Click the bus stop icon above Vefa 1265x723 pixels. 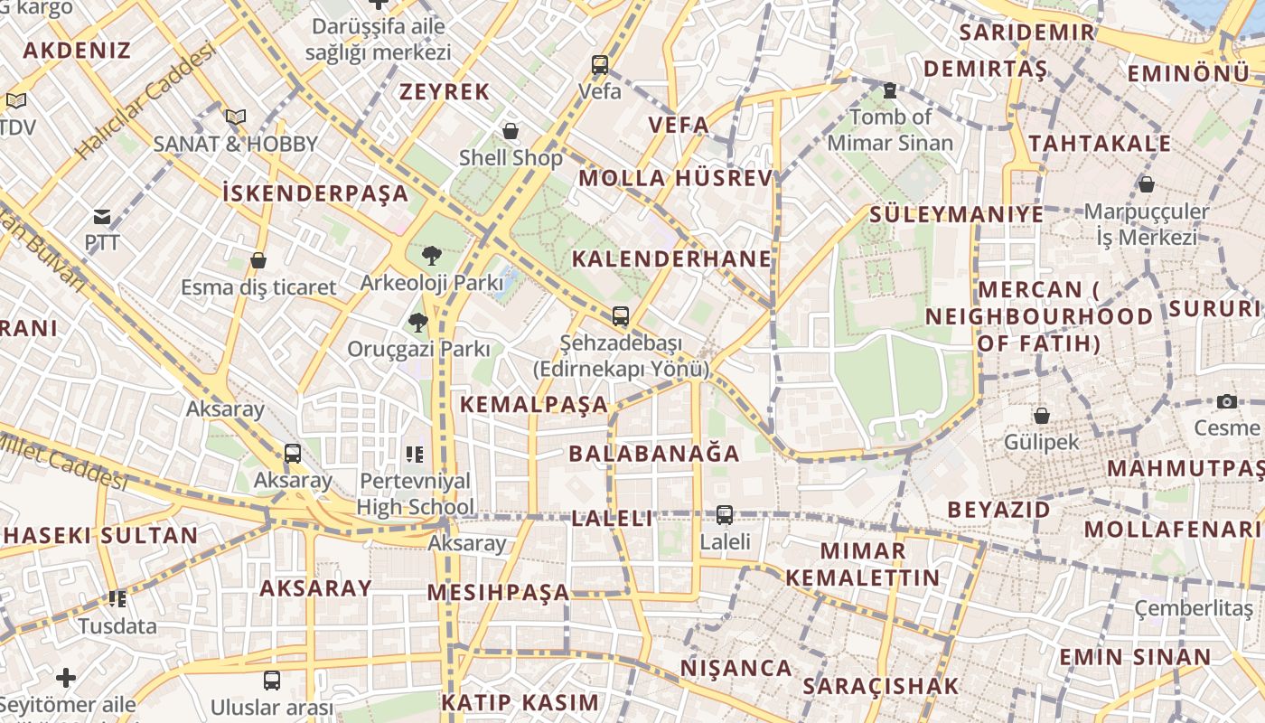[x=600, y=64]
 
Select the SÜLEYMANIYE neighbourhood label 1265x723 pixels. [x=956, y=214]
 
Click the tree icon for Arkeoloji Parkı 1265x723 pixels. [x=432, y=256]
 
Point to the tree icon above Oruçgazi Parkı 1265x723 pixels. [x=417, y=322]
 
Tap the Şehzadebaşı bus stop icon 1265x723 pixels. [x=621, y=316]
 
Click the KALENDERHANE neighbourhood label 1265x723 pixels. [x=672, y=259]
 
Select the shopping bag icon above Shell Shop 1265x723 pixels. [x=511, y=131]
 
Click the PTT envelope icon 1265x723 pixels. [x=101, y=217]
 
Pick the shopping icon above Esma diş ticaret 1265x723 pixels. [x=258, y=260]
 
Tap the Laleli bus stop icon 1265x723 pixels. [x=725, y=515]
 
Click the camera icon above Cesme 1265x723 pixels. [x=1226, y=401]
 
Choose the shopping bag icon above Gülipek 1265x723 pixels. [x=1042, y=416]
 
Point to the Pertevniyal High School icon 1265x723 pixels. [x=415, y=454]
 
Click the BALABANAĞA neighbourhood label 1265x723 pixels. [x=654, y=454]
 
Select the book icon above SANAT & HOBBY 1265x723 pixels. [x=236, y=117]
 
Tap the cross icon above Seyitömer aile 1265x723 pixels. [x=66, y=677]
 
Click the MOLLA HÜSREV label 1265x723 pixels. [x=676, y=178]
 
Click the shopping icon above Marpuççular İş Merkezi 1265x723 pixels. [x=1147, y=184]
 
